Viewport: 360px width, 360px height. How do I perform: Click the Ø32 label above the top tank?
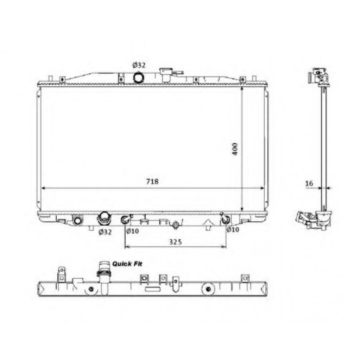[x=139, y=65]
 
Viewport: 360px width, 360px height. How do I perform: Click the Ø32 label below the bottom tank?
[x=105, y=232]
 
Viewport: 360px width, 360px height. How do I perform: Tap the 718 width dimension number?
[x=152, y=182]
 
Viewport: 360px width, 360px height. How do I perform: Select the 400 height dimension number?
[x=235, y=149]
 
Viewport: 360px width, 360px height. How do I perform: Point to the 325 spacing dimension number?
[x=175, y=242]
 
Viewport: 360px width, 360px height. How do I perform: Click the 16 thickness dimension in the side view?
[x=309, y=183]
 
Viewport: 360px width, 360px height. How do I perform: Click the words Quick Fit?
[x=127, y=264]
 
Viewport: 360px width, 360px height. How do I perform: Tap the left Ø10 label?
[x=132, y=231]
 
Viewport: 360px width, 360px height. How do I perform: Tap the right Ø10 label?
[x=233, y=229]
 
